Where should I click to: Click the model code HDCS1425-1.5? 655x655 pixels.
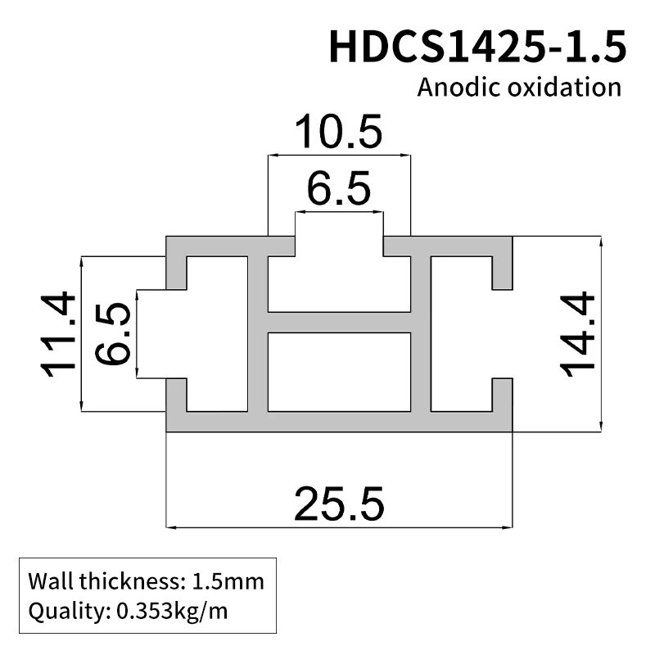[477, 46]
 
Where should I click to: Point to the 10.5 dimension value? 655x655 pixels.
[338, 132]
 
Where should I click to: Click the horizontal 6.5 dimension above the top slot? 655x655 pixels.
[339, 190]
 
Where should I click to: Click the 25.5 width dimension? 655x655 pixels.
[339, 503]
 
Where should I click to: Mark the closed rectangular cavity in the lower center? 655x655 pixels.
[339, 372]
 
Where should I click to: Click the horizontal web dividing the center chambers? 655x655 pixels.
[339, 322]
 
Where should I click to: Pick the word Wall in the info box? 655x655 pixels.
[52, 583]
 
